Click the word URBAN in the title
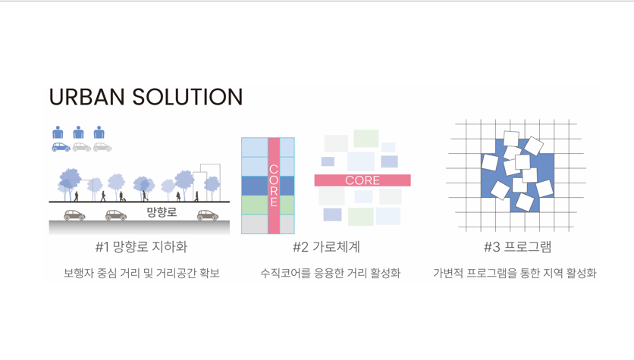pyautogui.click(x=86, y=97)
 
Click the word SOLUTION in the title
pyautogui.click(x=187, y=97)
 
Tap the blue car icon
pyautogui.click(x=61, y=147)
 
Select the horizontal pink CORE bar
pyautogui.click(x=363, y=180)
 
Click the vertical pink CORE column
pyautogui.click(x=274, y=186)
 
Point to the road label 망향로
pyautogui.click(x=162, y=212)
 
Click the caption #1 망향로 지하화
pyautogui.click(x=142, y=247)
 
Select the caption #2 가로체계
pyautogui.click(x=326, y=247)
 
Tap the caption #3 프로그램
pyautogui.click(x=517, y=247)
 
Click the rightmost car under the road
pyautogui.click(x=208, y=215)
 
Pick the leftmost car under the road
pyautogui.click(x=74, y=215)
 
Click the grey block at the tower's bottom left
pyautogui.click(x=255, y=224)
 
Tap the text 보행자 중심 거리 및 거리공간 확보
pyautogui.click(x=142, y=273)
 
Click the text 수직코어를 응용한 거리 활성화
pyautogui.click(x=330, y=273)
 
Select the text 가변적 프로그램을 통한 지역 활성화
pyautogui.click(x=515, y=273)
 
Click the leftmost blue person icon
pyautogui.click(x=58, y=133)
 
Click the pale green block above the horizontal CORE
pyautogui.click(x=366, y=139)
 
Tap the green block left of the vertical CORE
pyautogui.click(x=255, y=205)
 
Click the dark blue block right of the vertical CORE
pyautogui.click(x=287, y=186)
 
